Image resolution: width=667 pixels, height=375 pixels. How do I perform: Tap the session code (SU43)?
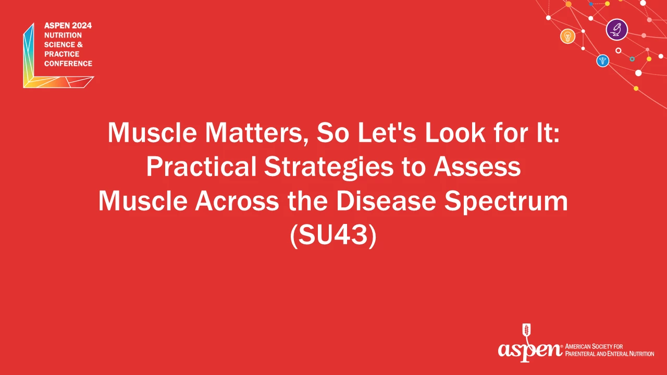click(x=333, y=235)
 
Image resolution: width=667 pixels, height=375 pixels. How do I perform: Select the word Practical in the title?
click(x=201, y=167)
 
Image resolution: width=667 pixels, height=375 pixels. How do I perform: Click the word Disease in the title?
click(x=386, y=201)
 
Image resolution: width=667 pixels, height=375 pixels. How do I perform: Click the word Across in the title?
click(x=237, y=201)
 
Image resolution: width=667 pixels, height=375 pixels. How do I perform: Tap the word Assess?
click(x=477, y=167)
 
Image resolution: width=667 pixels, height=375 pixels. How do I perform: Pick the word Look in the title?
click(x=455, y=133)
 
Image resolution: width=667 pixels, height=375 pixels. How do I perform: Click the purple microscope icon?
click(x=616, y=30)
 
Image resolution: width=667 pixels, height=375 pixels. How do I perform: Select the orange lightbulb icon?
click(x=567, y=36)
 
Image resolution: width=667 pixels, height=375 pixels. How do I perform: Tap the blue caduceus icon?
click(x=603, y=61)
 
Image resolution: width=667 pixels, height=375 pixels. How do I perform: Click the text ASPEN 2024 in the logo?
click(x=68, y=26)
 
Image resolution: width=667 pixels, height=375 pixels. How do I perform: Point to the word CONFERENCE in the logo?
click(x=68, y=64)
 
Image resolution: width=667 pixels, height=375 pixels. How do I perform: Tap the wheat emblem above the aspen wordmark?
click(x=526, y=331)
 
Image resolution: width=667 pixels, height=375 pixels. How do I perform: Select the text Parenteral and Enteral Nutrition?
click(x=610, y=354)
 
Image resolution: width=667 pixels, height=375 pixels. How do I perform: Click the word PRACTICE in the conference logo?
click(x=62, y=54)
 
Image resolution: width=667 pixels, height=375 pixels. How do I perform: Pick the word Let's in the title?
click(x=387, y=133)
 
